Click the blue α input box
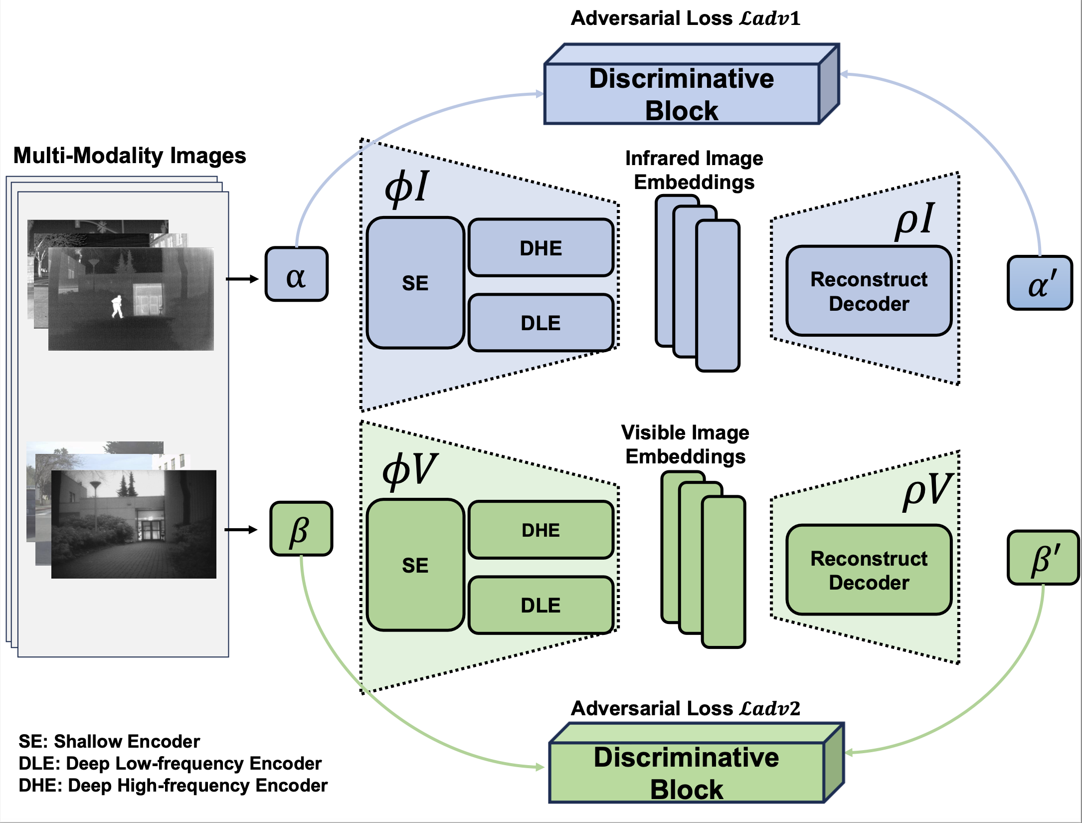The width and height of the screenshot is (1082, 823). [296, 274]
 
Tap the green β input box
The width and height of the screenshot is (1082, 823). [301, 529]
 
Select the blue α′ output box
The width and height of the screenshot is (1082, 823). [1039, 283]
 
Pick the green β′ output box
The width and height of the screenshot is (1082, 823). [1043, 558]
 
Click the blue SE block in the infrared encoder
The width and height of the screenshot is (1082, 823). [415, 283]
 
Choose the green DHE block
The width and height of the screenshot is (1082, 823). [541, 530]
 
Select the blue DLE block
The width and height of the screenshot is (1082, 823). [541, 323]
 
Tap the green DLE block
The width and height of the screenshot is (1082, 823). [541, 605]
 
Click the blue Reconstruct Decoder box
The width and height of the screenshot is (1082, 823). [869, 291]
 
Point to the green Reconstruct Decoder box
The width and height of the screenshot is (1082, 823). [869, 570]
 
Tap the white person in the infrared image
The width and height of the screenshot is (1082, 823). [117, 306]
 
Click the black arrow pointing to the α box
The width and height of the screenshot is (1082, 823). [242, 279]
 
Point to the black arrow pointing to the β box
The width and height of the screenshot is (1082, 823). [241, 530]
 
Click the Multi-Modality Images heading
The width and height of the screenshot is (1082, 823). [130, 156]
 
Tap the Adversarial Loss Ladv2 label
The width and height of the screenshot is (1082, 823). [685, 708]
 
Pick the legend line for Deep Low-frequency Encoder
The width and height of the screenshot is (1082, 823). [170, 764]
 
